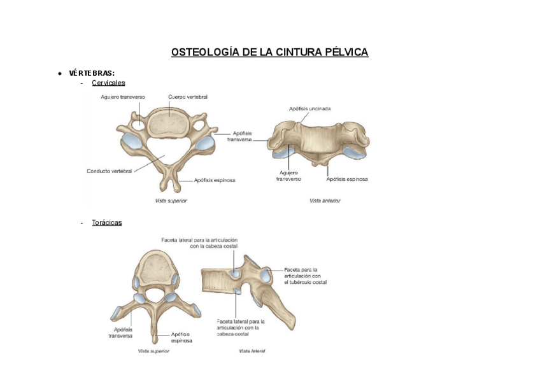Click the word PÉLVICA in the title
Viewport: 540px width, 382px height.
pos(346,52)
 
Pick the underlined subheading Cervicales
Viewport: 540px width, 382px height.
pos(108,83)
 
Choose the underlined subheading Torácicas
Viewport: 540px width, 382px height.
pos(107,223)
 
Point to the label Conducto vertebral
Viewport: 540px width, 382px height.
pos(109,171)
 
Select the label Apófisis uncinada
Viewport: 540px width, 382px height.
pos(309,109)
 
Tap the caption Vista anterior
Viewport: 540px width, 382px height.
pos(325,201)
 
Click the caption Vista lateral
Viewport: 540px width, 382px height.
pos(252,351)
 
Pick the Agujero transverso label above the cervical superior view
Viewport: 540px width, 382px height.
pos(122,97)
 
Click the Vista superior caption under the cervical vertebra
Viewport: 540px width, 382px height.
pos(171,201)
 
